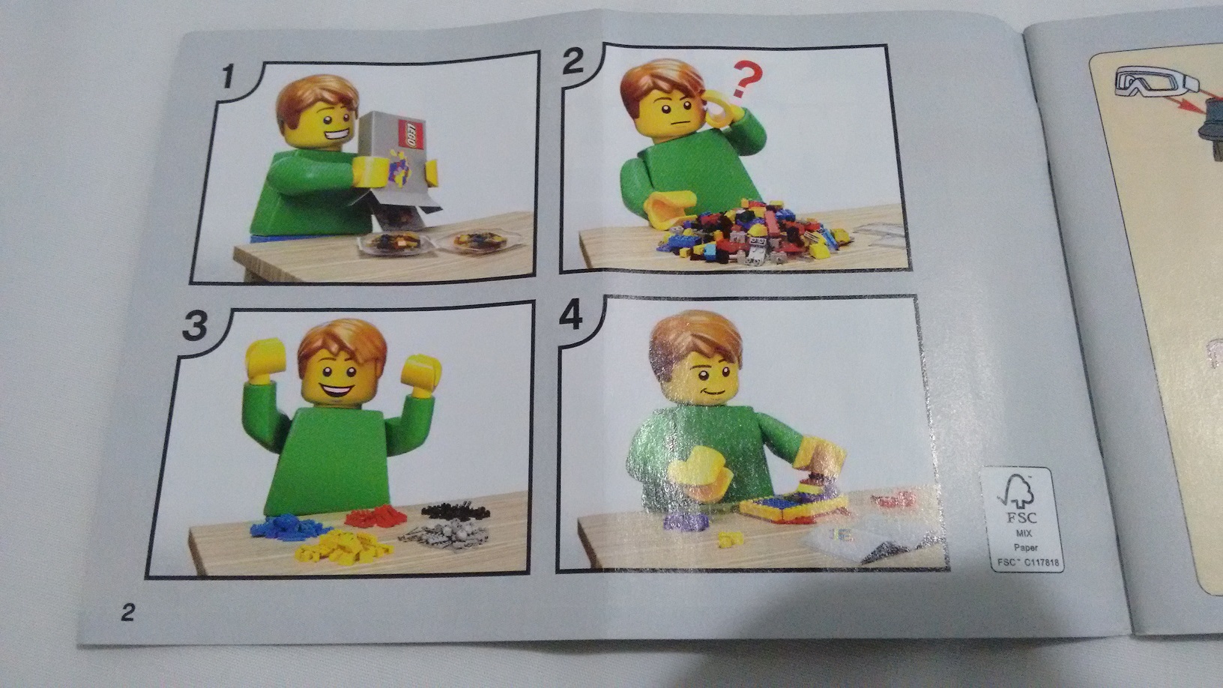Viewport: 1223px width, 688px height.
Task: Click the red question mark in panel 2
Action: pos(745,79)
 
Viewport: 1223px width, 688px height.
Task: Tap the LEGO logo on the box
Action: pos(411,133)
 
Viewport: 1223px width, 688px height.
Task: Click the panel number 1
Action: pos(229,76)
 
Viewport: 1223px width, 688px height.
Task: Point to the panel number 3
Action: pos(195,325)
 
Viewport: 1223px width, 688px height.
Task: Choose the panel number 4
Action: pos(571,317)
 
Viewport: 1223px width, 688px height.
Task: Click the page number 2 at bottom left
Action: pos(127,612)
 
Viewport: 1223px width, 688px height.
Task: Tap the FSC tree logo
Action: pos(1017,492)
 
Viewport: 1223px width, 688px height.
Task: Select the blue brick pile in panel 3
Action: pos(289,528)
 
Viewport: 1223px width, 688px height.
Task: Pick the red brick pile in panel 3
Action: pos(376,516)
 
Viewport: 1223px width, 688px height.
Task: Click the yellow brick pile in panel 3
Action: pos(343,548)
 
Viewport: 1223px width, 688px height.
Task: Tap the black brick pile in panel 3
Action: pos(456,511)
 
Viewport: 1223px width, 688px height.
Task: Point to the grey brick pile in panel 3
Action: pos(444,537)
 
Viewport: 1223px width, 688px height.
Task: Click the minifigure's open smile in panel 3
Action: pos(337,390)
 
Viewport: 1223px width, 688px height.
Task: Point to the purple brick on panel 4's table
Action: pos(686,522)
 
